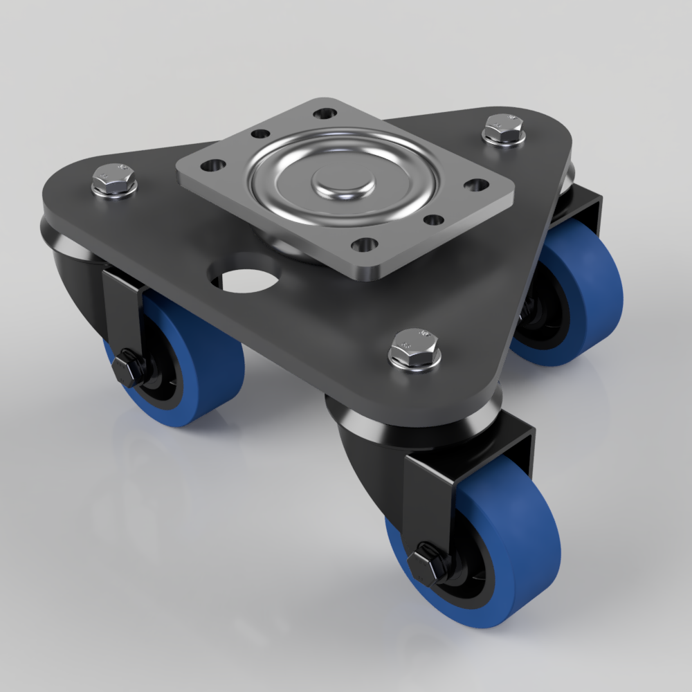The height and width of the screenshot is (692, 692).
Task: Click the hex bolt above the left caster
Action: click(x=113, y=179)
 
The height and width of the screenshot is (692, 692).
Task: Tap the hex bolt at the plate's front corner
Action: click(x=415, y=349)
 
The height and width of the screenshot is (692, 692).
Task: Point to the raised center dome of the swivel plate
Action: click(x=343, y=181)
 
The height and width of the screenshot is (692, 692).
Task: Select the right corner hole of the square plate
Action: click(x=476, y=184)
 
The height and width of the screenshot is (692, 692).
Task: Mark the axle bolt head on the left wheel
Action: click(x=126, y=367)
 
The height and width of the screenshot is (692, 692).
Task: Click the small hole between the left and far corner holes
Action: click(x=260, y=134)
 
